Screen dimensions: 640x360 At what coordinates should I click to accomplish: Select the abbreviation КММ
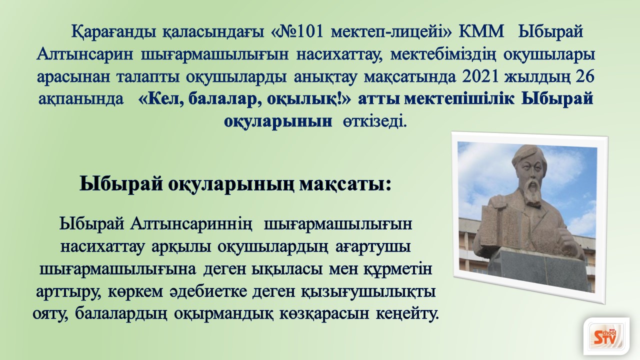(x=481, y=31)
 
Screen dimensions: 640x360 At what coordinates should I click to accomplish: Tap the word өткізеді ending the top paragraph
(x=374, y=122)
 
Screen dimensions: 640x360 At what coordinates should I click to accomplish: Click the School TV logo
(x=606, y=338)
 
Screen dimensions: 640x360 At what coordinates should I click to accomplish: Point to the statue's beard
(x=531, y=191)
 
